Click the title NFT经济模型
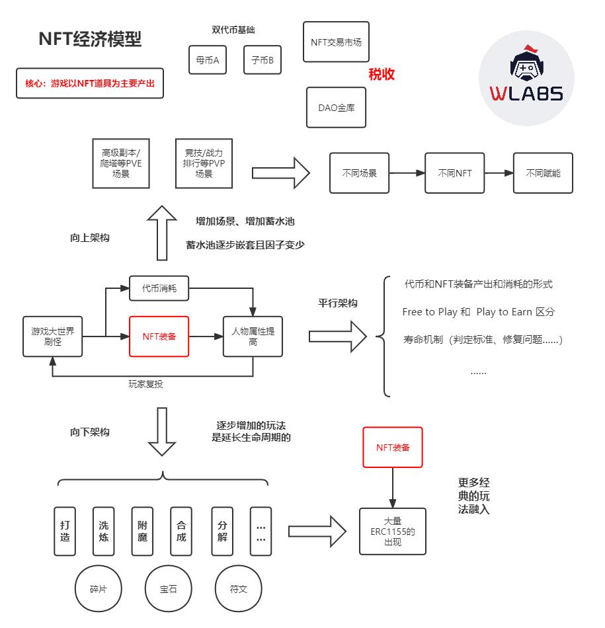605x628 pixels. [91, 39]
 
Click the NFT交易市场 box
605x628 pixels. [336, 42]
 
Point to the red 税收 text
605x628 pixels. [382, 74]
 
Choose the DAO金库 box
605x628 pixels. [336, 107]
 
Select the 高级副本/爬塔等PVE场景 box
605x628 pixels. [120, 163]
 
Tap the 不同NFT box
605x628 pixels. [454, 173]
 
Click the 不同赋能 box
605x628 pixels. [543, 173]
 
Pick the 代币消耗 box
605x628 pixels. [159, 289]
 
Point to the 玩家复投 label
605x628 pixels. [145, 384]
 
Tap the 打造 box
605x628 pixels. [65, 531]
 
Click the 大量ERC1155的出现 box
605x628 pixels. [393, 531]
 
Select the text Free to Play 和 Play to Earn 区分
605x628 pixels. [478, 312]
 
